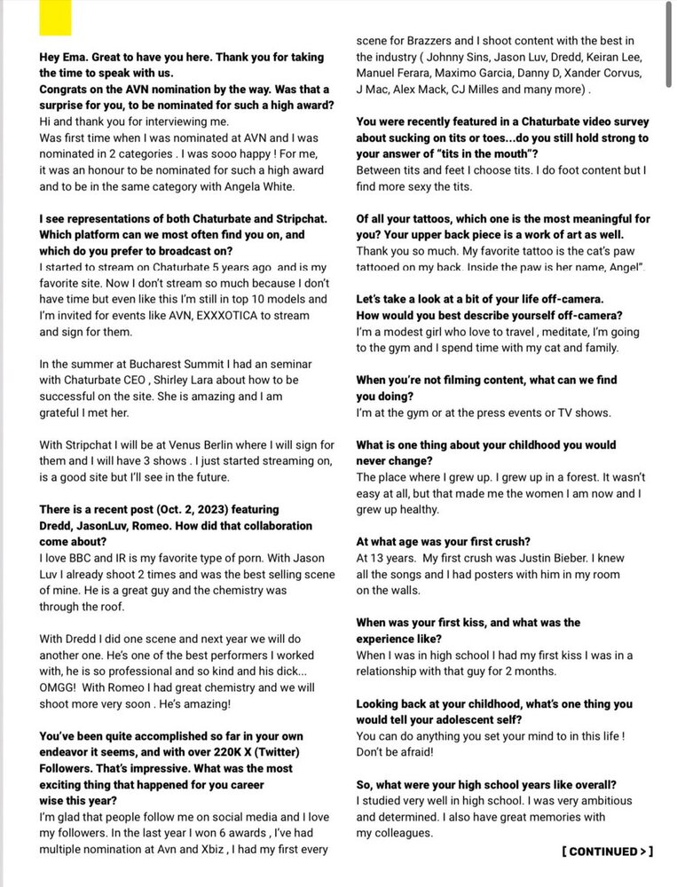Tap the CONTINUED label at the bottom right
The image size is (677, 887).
click(607, 852)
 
